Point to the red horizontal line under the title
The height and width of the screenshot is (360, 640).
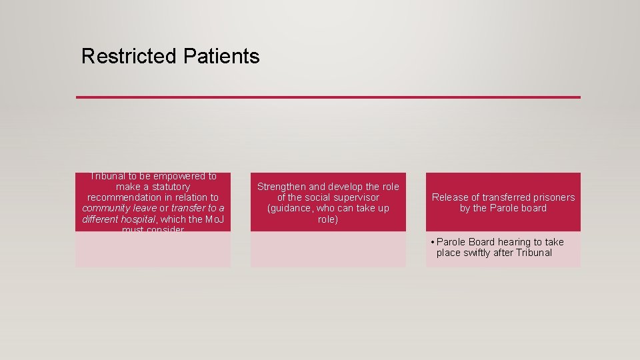coord(328,97)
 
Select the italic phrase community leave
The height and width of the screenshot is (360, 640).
coord(119,208)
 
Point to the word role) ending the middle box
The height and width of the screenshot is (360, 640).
coord(328,219)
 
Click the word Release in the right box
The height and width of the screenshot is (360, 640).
coord(450,197)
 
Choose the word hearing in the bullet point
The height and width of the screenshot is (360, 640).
coord(512,242)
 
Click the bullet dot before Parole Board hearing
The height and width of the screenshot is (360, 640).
coord(432,242)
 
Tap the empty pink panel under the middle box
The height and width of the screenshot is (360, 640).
coord(328,249)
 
